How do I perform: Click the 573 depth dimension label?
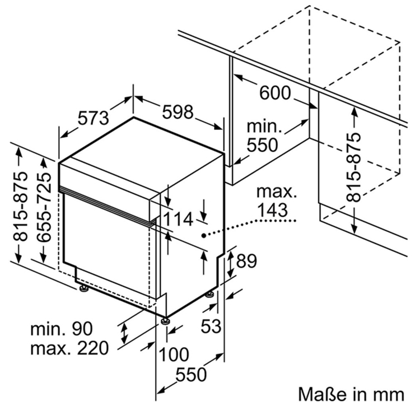(x=93, y=119)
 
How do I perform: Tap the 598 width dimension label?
(x=178, y=112)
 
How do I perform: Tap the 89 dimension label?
(x=246, y=260)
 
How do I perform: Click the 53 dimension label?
(x=211, y=325)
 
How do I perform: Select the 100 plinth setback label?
(x=174, y=353)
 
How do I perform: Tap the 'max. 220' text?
(x=69, y=349)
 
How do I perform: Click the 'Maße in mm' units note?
(x=351, y=394)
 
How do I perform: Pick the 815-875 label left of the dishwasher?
(x=20, y=207)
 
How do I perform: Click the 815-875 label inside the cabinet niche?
(x=353, y=167)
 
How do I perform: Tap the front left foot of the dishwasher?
(x=83, y=288)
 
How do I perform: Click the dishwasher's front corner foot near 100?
(x=166, y=321)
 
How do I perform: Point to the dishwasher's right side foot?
(x=209, y=294)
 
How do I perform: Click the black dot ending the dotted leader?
(x=204, y=235)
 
